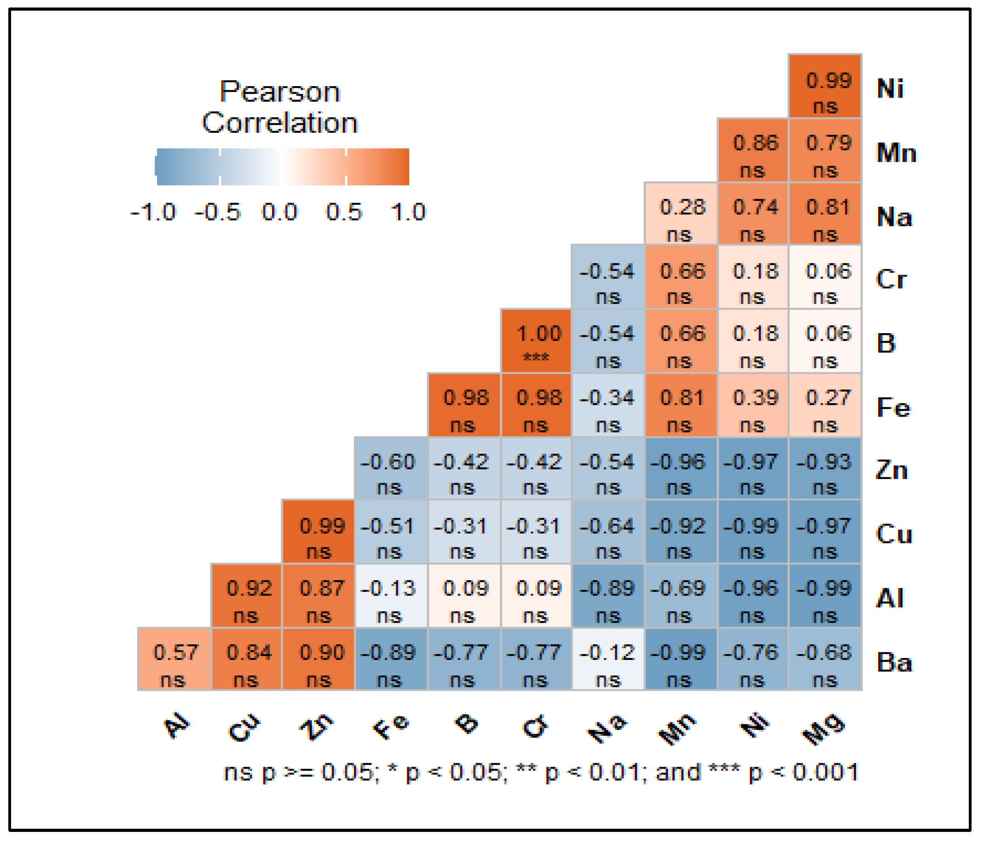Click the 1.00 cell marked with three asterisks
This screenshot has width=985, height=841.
536,341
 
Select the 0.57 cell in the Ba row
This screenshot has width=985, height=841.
174,660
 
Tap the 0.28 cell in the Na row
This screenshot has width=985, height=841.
681,213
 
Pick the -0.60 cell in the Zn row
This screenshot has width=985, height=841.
391,468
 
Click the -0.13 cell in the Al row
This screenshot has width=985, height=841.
391,596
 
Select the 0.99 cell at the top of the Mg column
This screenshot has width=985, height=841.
825,87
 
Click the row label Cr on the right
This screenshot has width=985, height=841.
891,279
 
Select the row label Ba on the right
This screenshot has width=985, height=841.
894,662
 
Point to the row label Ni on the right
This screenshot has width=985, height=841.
890,89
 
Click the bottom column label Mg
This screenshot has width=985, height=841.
824,728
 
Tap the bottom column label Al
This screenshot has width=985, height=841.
176,725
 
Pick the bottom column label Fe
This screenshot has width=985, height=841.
390,727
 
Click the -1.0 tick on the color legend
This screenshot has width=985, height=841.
153,212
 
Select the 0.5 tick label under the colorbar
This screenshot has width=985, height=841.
344,212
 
